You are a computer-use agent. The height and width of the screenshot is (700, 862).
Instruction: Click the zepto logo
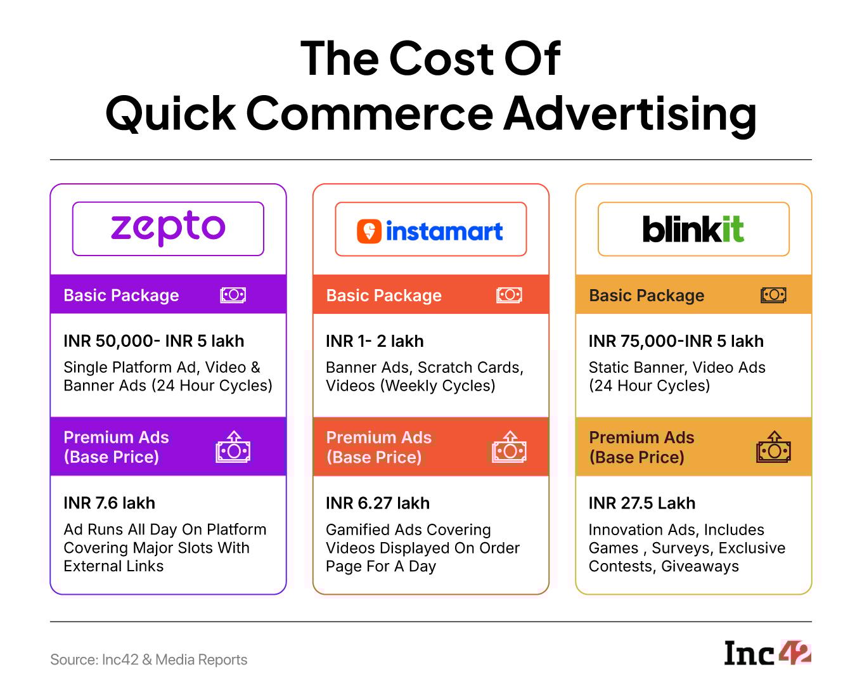[x=168, y=228]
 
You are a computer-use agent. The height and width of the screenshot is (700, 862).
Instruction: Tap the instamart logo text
[x=444, y=231]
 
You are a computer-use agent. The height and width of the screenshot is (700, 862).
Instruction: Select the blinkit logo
[x=693, y=229]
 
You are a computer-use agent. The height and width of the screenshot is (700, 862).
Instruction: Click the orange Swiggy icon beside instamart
[x=369, y=231]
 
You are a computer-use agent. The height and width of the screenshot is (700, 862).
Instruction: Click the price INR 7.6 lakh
[x=109, y=503]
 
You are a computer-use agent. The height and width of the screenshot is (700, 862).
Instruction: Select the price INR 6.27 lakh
[x=378, y=503]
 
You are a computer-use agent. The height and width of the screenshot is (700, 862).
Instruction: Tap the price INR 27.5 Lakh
[x=642, y=503]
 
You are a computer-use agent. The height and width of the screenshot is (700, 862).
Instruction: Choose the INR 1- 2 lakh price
[x=375, y=341]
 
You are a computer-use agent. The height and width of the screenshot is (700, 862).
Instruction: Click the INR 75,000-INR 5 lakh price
[x=676, y=341]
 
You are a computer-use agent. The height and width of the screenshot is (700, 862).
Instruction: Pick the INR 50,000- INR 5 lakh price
[x=154, y=341]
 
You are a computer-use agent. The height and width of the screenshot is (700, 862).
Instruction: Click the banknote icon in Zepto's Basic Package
[x=233, y=295]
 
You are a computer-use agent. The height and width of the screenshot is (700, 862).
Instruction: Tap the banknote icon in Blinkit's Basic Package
[x=773, y=295]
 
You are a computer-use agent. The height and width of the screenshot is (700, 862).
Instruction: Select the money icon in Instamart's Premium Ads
[x=509, y=446]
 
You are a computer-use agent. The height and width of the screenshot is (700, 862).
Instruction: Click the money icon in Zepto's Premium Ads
[x=233, y=446]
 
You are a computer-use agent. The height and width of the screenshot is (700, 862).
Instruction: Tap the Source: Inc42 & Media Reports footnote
[x=148, y=659]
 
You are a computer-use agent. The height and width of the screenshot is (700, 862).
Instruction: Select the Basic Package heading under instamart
[x=383, y=295]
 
